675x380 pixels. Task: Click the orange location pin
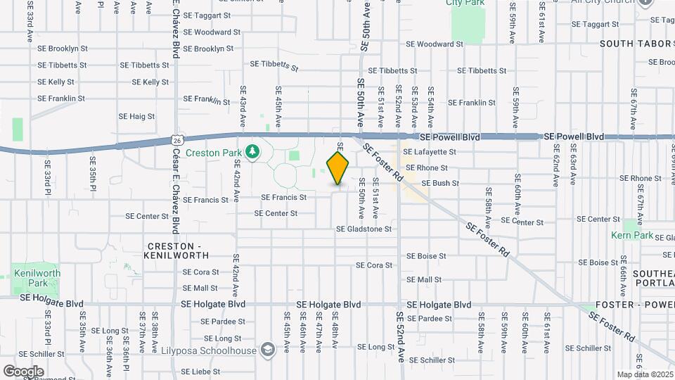point(338,167)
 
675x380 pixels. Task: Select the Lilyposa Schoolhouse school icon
point(267,350)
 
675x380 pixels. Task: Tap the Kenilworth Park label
point(35,278)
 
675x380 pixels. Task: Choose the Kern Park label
point(632,235)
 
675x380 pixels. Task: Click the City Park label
point(465,3)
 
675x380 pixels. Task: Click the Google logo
point(23,371)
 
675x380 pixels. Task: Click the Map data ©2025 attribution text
point(644,374)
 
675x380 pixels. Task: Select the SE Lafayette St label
point(430,151)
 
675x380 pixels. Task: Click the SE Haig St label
point(136,116)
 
